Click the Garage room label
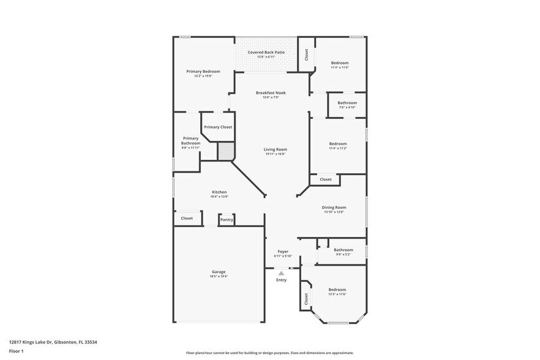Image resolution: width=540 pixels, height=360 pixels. (219, 272)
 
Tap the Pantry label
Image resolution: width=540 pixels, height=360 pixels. (227, 219)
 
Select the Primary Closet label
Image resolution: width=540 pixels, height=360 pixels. (218, 127)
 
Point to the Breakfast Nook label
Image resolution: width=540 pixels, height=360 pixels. (271, 93)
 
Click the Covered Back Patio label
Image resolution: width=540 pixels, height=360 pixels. (266, 53)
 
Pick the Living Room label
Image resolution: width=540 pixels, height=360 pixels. (276, 149)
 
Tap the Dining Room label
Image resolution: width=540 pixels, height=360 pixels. (334, 208)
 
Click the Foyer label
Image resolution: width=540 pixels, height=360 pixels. (283, 252)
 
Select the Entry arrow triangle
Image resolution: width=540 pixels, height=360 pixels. (281, 273)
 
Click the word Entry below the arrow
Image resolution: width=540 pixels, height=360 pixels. (281, 280)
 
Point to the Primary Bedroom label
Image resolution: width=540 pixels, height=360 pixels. (203, 72)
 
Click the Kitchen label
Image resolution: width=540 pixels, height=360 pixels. (219, 192)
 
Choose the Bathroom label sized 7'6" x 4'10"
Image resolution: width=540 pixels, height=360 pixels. (347, 103)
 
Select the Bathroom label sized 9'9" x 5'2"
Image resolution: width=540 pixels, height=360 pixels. (343, 250)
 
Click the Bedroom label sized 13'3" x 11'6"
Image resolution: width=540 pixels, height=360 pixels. (337, 290)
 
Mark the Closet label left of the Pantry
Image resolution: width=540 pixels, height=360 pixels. (187, 218)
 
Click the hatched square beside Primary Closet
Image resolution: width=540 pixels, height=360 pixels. (225, 152)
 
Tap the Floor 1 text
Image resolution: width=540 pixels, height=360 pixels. (16, 352)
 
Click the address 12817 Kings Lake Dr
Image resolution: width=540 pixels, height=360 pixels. (37, 342)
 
